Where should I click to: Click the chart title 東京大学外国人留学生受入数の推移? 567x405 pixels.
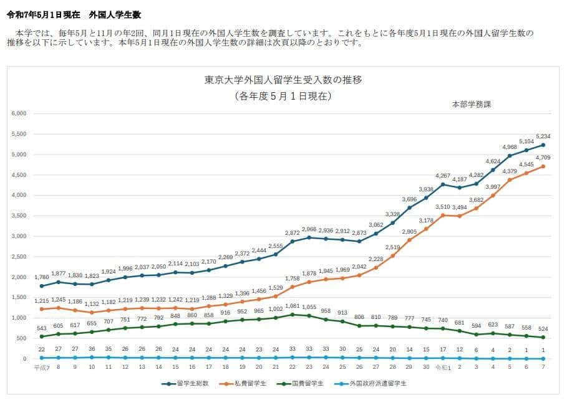point(283,80)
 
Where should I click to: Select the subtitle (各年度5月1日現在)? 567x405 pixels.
point(283,97)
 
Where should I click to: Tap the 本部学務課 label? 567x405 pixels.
point(471,104)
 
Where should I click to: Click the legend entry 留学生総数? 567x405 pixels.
point(188,383)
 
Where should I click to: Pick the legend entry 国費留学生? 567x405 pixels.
point(305,383)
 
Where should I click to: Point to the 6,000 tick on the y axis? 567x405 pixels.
point(19,113)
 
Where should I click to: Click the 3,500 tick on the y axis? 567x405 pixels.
point(19,216)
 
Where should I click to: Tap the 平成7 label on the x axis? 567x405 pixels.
point(41,368)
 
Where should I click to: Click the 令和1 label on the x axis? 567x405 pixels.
point(442,368)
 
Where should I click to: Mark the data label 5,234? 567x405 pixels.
point(543,136)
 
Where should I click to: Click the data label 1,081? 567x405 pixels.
point(293,306)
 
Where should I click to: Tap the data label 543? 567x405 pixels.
point(41,328)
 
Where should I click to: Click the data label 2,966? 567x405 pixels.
point(309,229)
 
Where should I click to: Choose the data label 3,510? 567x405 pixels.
point(442,207)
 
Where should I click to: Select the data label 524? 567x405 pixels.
point(543,329)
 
